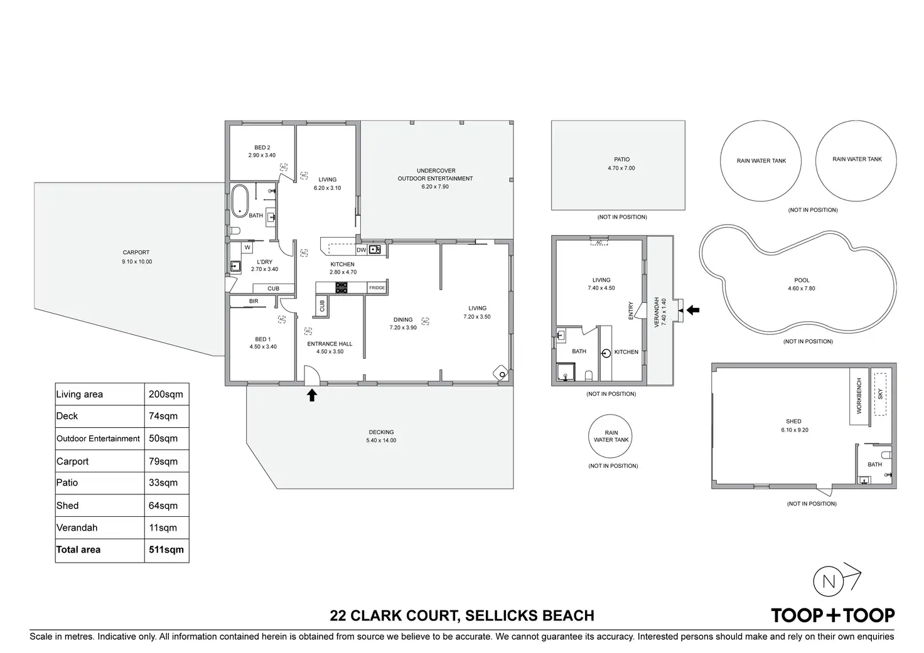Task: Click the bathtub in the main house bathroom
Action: click(x=240, y=201)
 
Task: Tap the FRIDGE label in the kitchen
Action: click(x=377, y=288)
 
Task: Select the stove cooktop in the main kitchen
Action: click(x=341, y=287)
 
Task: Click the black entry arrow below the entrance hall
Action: click(x=312, y=395)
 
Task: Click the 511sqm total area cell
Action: click(x=166, y=549)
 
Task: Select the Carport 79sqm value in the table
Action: click(x=163, y=461)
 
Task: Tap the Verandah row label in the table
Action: click(x=77, y=528)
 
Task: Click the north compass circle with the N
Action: click(x=829, y=581)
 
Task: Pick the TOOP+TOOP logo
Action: click(x=833, y=615)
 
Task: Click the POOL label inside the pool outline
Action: click(x=802, y=280)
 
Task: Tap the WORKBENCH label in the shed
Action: click(x=859, y=396)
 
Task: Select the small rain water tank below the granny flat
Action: click(x=610, y=436)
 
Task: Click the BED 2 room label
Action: click(x=262, y=147)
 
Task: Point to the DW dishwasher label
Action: click(x=361, y=250)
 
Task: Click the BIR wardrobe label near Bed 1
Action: click(x=254, y=301)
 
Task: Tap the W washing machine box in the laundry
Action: click(x=247, y=247)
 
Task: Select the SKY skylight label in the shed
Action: click(x=880, y=394)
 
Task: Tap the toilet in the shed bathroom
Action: click(x=887, y=455)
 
